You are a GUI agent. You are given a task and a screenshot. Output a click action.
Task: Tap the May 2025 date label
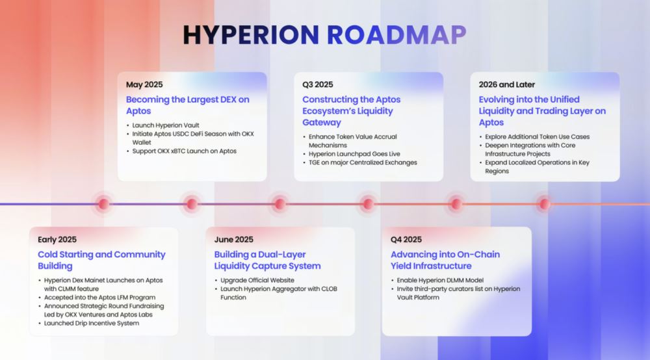pyautogui.click(x=144, y=84)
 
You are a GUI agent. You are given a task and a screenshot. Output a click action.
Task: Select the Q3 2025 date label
pyautogui.click(x=317, y=84)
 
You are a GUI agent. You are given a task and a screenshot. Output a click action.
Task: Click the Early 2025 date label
pyautogui.click(x=57, y=240)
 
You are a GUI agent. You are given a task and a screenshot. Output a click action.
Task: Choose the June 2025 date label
pyautogui.click(x=234, y=240)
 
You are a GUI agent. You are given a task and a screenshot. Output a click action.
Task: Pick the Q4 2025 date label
pyautogui.click(x=406, y=240)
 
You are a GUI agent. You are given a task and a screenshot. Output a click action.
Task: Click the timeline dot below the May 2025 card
pyautogui.click(x=191, y=204)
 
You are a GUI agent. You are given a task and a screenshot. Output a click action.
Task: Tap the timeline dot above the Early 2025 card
pyautogui.click(x=103, y=204)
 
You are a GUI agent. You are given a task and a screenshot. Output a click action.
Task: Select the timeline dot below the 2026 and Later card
pyautogui.click(x=545, y=204)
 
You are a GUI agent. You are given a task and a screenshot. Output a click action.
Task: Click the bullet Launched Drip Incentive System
pyautogui.click(x=92, y=323)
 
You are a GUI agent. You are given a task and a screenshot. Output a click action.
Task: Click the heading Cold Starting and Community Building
pyautogui.click(x=101, y=260)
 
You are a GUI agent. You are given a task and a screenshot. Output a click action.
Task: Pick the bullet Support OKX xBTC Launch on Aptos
pyautogui.click(x=183, y=151)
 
